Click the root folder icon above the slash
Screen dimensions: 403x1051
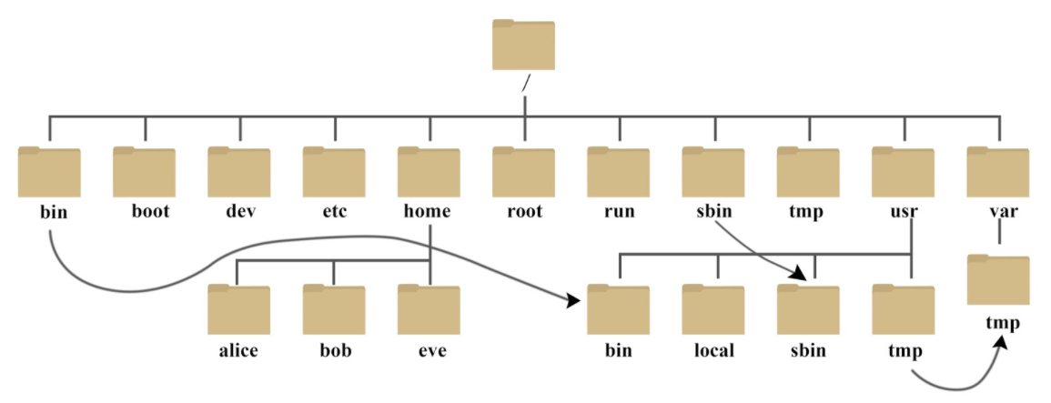click(523, 45)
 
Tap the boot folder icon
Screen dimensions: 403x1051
click(144, 172)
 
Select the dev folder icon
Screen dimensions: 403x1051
click(238, 172)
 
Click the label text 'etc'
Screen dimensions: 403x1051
click(333, 213)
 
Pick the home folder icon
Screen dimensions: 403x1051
click(429, 172)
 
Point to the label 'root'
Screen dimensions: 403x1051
click(523, 213)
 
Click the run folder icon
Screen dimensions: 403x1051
click(618, 172)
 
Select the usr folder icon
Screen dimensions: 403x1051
click(903, 172)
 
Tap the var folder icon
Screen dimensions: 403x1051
click(998, 172)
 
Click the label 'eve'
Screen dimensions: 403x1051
click(429, 350)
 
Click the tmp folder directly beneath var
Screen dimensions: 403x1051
click(998, 281)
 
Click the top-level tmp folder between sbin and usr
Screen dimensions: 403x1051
click(808, 172)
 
